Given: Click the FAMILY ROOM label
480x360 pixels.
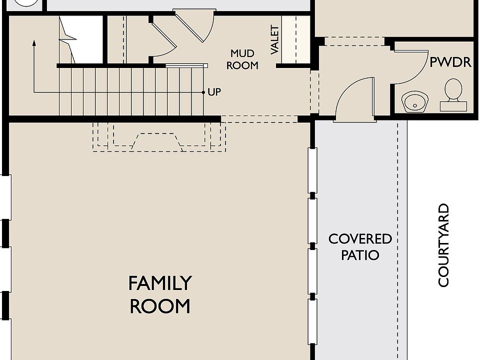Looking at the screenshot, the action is click(160, 294).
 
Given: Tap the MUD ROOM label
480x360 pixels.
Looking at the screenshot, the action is click(242, 59).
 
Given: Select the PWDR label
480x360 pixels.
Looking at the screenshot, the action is click(450, 62).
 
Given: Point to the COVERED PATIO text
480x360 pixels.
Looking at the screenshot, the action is click(360, 246).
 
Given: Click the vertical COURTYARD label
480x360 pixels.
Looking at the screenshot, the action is click(443, 245).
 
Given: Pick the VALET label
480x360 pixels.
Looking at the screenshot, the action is click(275, 40).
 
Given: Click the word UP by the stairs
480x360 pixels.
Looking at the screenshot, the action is click(214, 92).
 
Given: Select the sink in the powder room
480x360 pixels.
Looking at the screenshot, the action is click(415, 101).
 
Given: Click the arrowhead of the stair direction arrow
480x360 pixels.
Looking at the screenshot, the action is click(34, 43).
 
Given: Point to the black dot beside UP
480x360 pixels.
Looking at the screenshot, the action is click(203, 92).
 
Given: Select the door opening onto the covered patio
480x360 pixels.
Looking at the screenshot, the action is click(355, 99).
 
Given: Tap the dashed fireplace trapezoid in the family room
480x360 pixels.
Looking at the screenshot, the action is click(156, 141).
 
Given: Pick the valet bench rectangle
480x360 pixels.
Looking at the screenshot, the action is click(289, 39).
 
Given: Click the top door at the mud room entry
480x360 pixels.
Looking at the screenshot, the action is click(194, 25).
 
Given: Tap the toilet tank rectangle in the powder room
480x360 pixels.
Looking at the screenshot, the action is click(453, 106).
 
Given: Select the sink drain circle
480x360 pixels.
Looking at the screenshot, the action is click(415, 105).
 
